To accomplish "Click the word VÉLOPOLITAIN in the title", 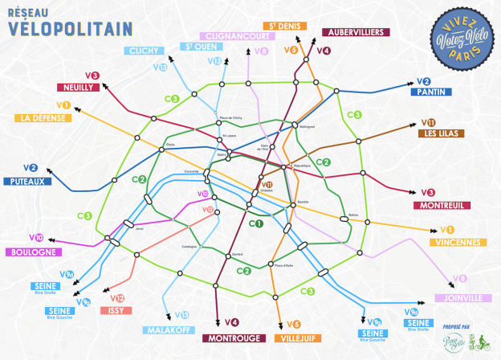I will pyautogui.click(x=70, y=29).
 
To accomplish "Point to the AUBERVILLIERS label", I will pyautogui.click(x=356, y=32).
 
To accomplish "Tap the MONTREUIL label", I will pyautogui.click(x=441, y=205).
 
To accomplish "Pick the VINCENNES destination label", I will pyautogui.click(x=456, y=243).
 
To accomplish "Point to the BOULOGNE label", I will pyautogui.click(x=32, y=252).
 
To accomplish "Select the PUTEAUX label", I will pyautogui.click(x=27, y=181).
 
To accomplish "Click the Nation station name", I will pyautogui.click(x=353, y=215).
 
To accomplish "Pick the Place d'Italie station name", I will pyautogui.click(x=284, y=265).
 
